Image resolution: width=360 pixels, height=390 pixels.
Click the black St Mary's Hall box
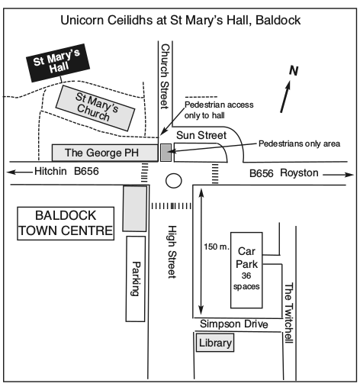[58, 63]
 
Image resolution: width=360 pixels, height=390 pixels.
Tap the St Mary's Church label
[97, 107]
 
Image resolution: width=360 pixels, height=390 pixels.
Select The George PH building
[104, 153]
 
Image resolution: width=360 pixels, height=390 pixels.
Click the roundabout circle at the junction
[174, 181]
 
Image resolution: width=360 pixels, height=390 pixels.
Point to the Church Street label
[165, 76]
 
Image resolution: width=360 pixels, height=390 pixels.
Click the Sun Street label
[201, 135]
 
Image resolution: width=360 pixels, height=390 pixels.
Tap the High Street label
[172, 252]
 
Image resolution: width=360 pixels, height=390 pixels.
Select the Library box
[215, 343]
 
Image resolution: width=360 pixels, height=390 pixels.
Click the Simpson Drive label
[234, 324]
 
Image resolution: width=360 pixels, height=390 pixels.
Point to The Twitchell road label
[288, 313]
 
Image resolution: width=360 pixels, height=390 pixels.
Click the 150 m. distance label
[217, 247]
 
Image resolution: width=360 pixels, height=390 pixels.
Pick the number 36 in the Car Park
[246, 276]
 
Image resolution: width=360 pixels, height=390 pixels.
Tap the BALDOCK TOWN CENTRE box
[66, 224]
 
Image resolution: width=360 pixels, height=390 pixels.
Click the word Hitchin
[50, 171]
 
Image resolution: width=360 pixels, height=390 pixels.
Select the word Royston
[299, 173]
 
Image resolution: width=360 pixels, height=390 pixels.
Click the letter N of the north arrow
[294, 71]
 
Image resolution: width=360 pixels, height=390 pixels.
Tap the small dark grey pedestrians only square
[166, 153]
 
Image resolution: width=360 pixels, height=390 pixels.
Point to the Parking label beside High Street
[136, 279]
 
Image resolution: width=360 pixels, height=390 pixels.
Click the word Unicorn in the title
[82, 20]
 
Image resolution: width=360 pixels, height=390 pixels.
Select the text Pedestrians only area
[299, 143]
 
